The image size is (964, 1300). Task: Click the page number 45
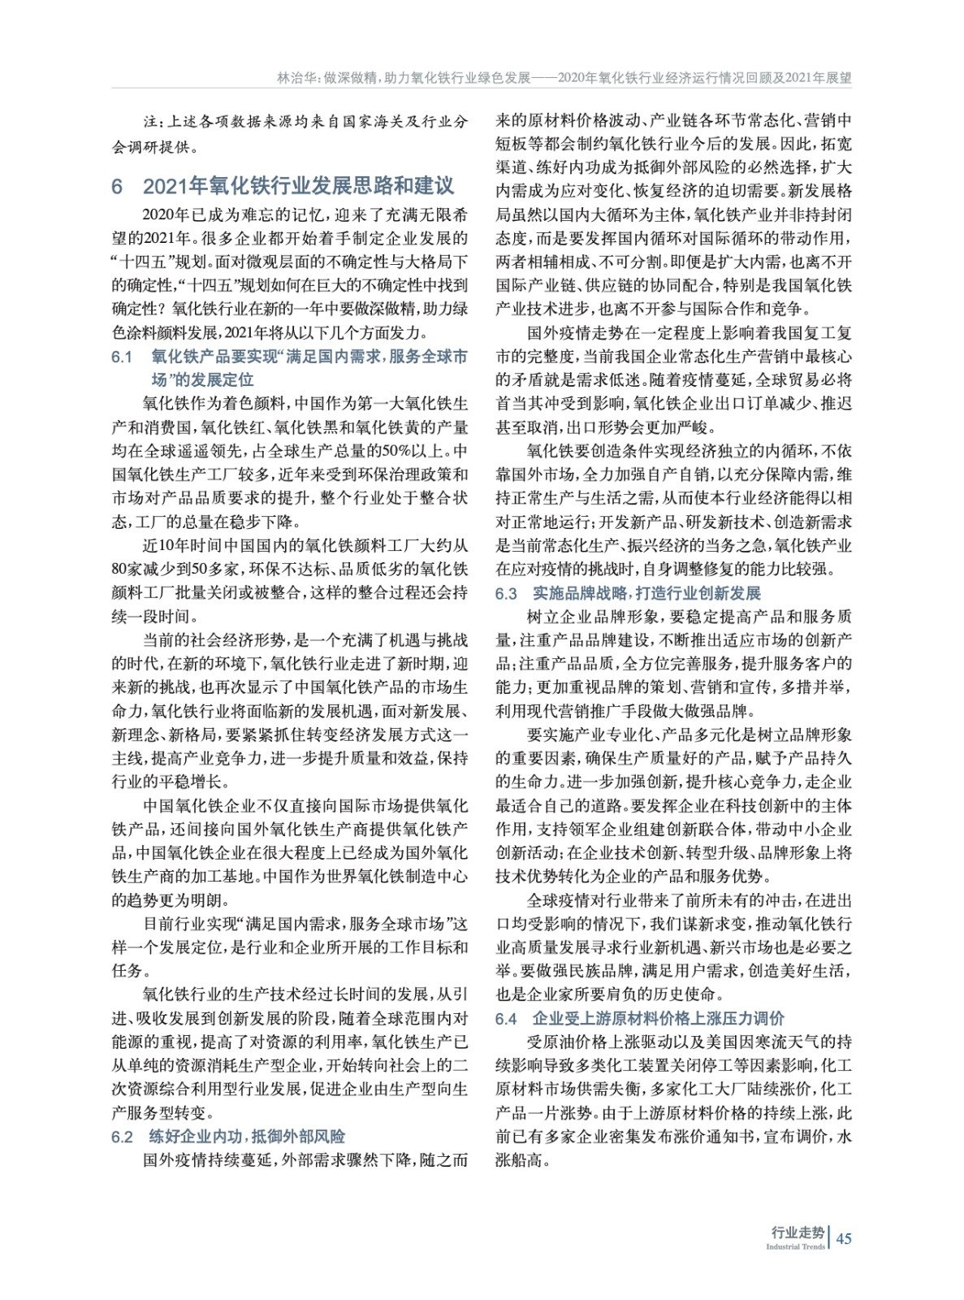point(843,1239)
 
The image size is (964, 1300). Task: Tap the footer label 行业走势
point(797,1233)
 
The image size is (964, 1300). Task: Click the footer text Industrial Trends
point(795,1247)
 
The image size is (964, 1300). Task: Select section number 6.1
point(122,357)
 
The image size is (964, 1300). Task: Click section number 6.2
point(122,1137)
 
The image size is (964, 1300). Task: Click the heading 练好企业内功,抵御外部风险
point(247,1136)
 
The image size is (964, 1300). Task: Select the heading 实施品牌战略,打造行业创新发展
point(646,593)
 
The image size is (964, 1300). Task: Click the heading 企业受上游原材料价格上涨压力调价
point(659,1018)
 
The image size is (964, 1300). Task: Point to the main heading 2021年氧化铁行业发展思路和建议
point(298,186)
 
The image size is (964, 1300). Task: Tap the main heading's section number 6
point(117,186)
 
